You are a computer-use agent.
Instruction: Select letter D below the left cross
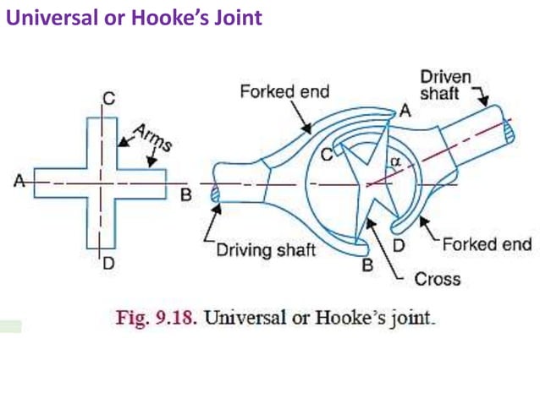pyautogui.click(x=108, y=264)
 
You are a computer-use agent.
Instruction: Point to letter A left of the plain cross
pyautogui.click(x=18, y=179)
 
